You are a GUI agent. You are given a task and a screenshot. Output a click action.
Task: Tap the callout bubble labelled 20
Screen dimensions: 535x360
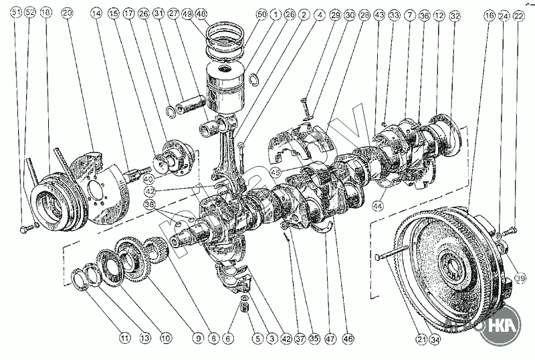pyautogui.click(x=66, y=13)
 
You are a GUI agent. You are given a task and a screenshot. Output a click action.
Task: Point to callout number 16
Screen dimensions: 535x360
pyautogui.click(x=488, y=14)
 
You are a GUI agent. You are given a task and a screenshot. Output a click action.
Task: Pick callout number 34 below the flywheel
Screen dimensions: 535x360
pyautogui.click(x=436, y=339)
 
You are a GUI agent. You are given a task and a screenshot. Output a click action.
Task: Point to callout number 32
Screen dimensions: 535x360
pyautogui.click(x=455, y=14)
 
